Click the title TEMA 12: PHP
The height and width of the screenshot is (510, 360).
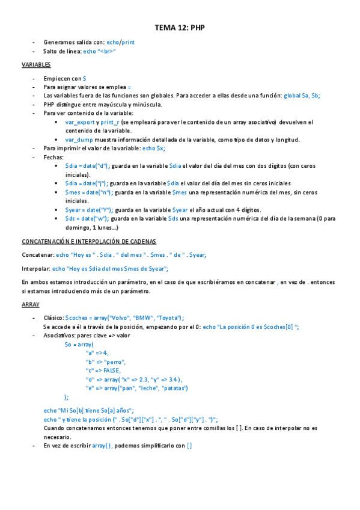[x=180, y=28]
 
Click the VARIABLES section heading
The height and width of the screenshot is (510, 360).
[x=36, y=64]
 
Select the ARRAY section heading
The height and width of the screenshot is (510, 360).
[x=30, y=304]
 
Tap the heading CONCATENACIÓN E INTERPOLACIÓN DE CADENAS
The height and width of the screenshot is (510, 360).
[x=88, y=241]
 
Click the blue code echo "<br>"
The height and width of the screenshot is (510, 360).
[x=99, y=52]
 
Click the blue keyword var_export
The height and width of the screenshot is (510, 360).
[x=79, y=122]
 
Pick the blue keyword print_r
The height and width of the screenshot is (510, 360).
[x=110, y=122]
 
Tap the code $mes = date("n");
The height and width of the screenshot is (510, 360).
[x=88, y=192]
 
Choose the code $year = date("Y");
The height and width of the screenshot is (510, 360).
[x=89, y=210]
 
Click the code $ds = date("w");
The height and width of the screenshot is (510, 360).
[x=88, y=219]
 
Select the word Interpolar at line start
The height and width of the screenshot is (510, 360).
[x=35, y=269]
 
